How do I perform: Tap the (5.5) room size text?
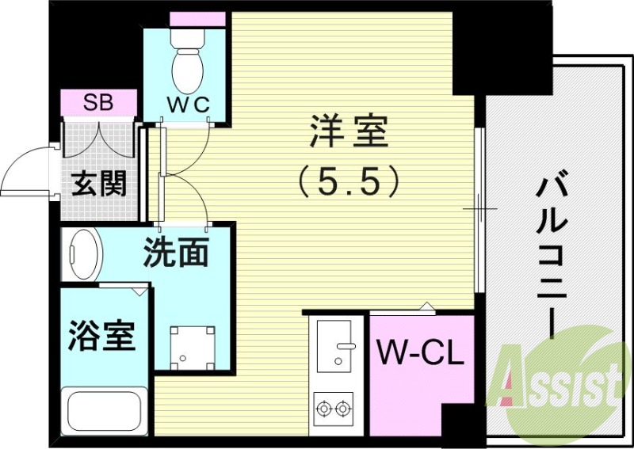(x=349, y=184)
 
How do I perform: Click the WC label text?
(x=188, y=104)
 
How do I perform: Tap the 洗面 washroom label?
(x=176, y=253)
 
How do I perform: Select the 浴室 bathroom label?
(x=101, y=336)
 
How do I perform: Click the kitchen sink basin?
(x=338, y=344)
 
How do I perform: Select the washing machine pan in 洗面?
(x=193, y=346)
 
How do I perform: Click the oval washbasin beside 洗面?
(x=85, y=254)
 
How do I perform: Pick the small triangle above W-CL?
(x=426, y=306)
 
